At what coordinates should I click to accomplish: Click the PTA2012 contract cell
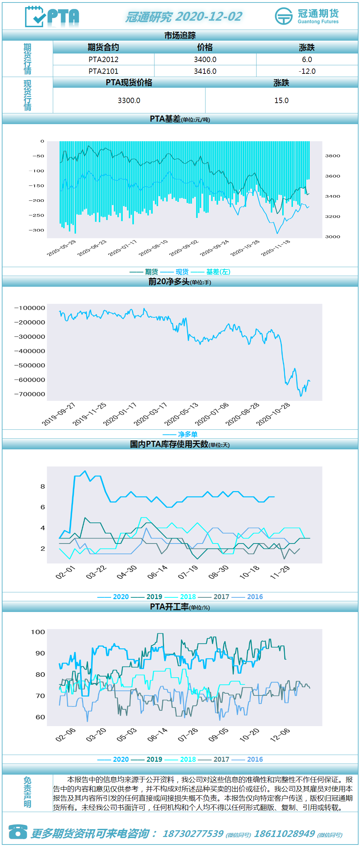pos(103,60)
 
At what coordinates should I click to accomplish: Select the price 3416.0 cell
pos(205,71)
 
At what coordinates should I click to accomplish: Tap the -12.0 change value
pos(307,71)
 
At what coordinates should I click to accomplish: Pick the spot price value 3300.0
pos(129,101)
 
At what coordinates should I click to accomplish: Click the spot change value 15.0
pos(282,101)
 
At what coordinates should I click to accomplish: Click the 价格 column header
pos(205,47)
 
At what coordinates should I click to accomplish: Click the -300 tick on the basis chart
pos(36,230)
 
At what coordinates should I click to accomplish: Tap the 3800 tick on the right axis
pos(333,156)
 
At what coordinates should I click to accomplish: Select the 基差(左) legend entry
pos(218,272)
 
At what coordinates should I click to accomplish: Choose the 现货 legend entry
pos(182,272)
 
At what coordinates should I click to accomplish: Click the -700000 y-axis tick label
pos(30,394)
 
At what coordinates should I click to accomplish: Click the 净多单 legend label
pos(188,434)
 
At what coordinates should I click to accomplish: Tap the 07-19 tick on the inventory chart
pos(188,572)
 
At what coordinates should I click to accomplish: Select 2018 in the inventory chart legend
pos(188,597)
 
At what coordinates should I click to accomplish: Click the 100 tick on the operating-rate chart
pos(38,632)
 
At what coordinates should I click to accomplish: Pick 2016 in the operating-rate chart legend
pos(255,759)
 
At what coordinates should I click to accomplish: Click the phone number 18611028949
pos(284,833)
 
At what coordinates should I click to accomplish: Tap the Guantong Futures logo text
pos(318,21)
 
